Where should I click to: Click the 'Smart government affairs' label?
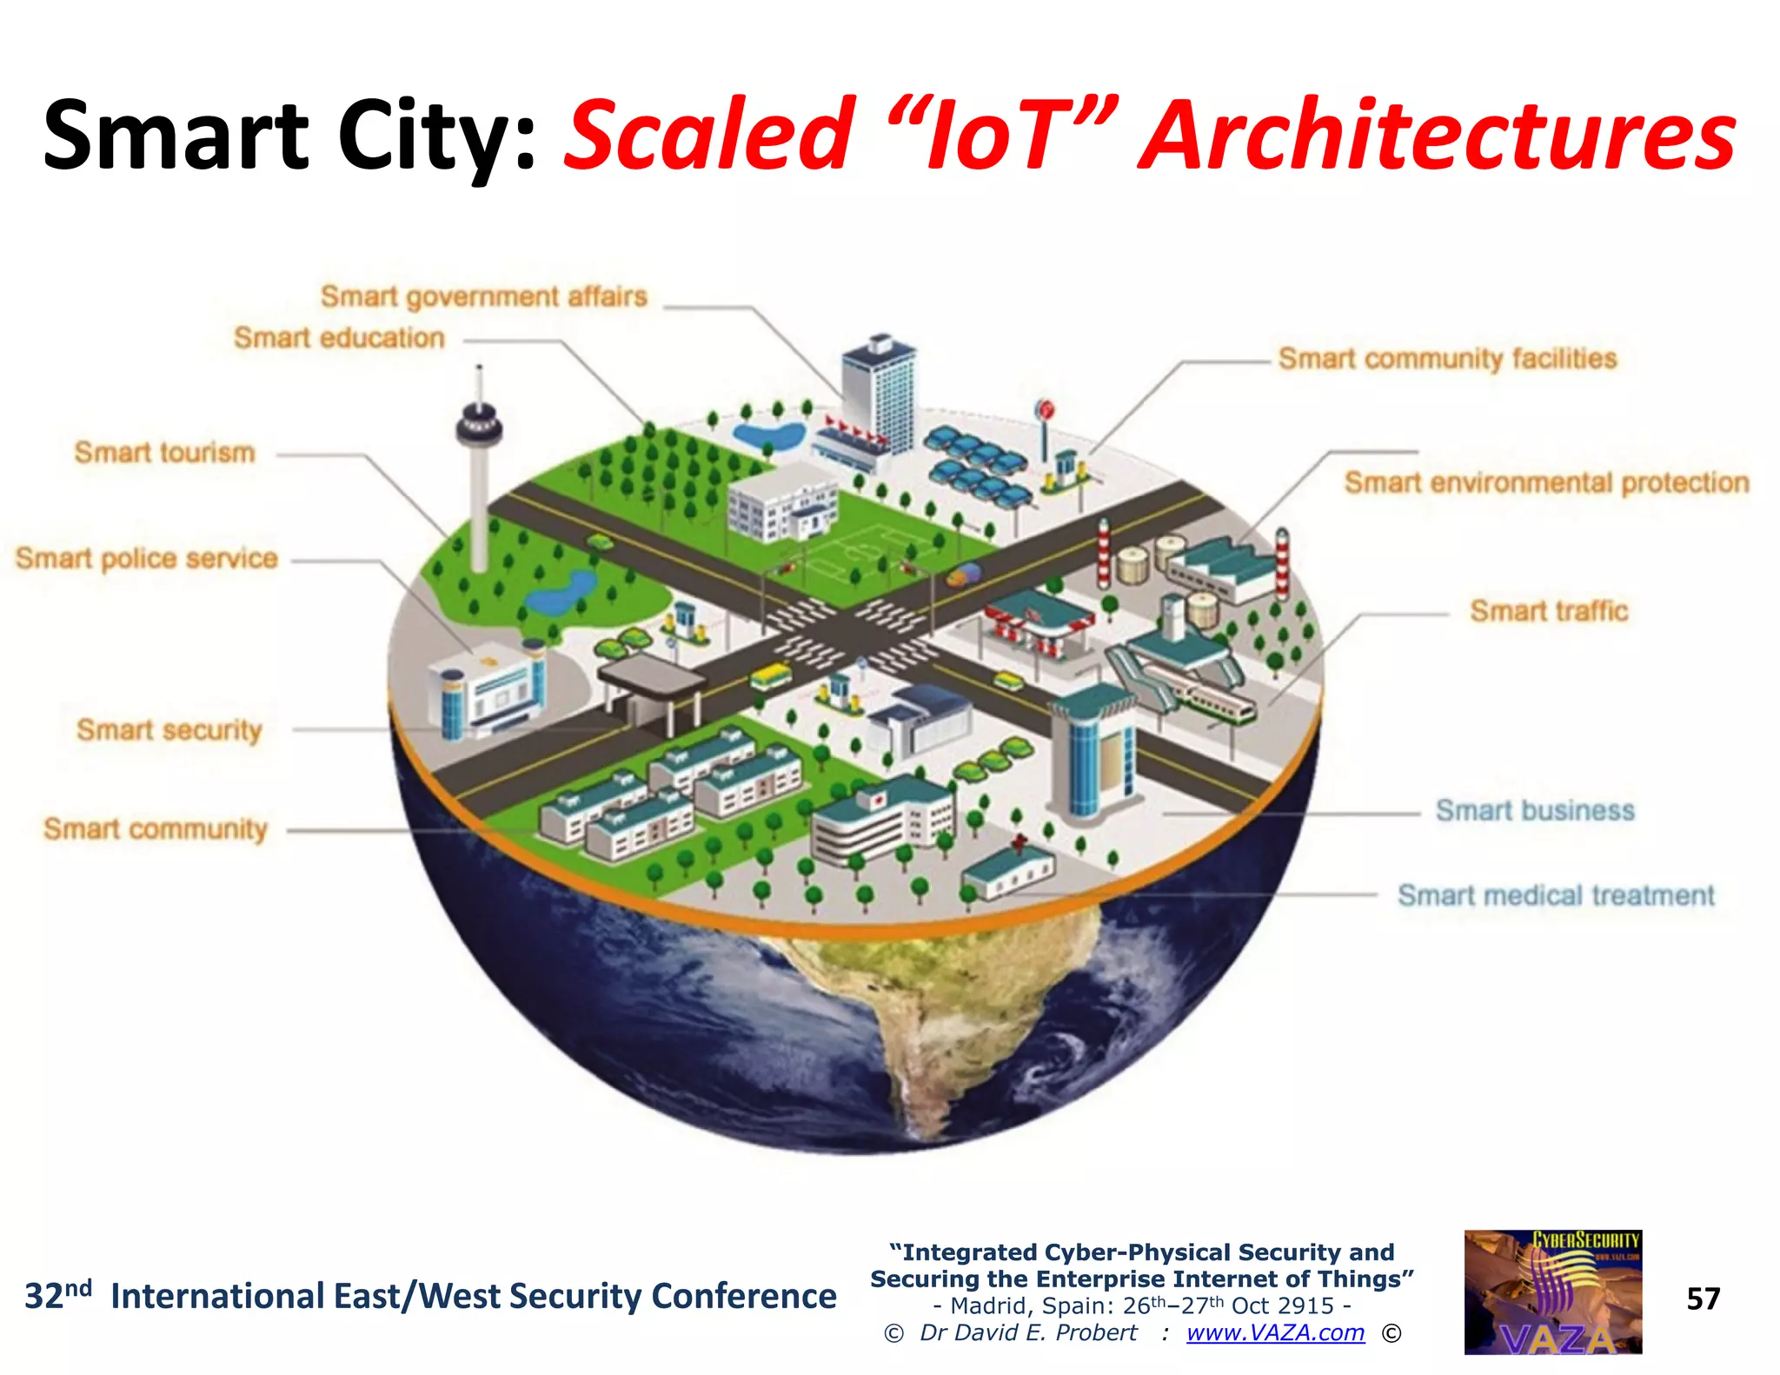[484, 297]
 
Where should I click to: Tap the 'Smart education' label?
[339, 338]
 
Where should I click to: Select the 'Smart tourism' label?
[165, 453]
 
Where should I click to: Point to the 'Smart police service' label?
[146, 558]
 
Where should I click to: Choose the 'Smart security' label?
[169, 730]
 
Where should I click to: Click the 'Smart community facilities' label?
[1447, 358]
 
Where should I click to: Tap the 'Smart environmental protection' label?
[1546, 482]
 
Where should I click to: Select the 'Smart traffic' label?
[1549, 611]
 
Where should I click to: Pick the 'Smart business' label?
[1535, 811]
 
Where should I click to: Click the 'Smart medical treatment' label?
[1556, 895]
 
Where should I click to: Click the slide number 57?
[1703, 1299]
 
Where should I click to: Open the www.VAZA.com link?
[1275, 1332]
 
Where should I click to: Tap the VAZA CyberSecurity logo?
[1553, 1292]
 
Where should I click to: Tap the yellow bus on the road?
[770, 674]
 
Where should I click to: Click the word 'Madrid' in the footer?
[988, 1305]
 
